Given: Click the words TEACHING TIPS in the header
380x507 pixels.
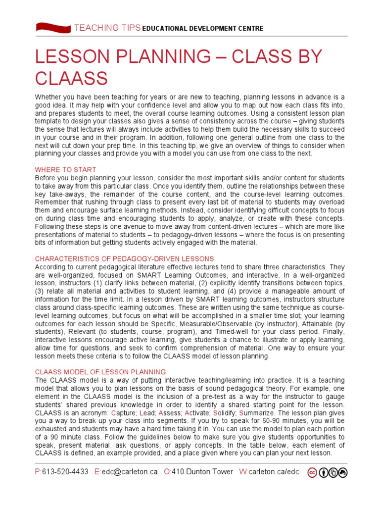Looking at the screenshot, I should click(x=107, y=28).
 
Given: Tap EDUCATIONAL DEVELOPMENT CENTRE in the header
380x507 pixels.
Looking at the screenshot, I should click(x=203, y=29).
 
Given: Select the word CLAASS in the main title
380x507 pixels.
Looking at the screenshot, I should click(x=71, y=78).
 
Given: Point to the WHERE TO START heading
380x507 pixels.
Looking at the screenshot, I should click(x=65, y=170).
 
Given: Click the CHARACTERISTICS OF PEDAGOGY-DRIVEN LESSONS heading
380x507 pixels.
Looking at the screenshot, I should click(x=124, y=258).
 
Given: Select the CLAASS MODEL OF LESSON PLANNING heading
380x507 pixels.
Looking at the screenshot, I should click(x=100, y=371).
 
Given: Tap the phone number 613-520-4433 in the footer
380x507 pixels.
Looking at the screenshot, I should click(x=66, y=472).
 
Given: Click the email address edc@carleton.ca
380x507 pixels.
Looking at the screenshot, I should click(x=130, y=472).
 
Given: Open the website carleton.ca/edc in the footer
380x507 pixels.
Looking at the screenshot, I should click(x=275, y=472).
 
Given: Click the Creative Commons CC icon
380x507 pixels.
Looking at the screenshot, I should click(x=313, y=472).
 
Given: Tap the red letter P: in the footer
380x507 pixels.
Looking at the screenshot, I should click(x=38, y=472).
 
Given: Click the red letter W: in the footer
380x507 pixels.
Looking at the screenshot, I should click(x=243, y=472).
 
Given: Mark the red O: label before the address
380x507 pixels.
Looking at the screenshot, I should click(x=167, y=472).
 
